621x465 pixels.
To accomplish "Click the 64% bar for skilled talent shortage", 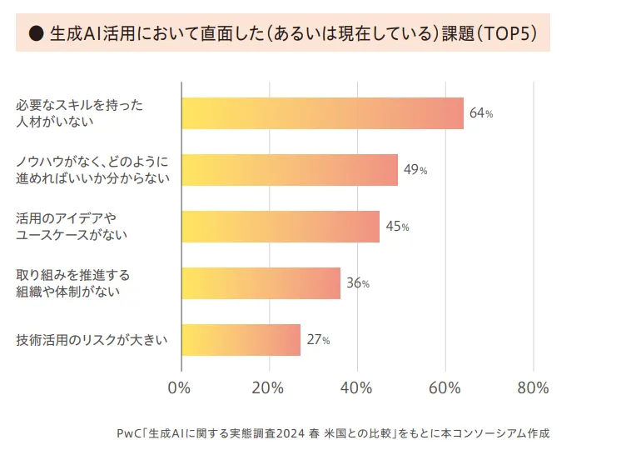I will coord(322,113).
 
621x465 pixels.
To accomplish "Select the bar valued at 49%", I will coord(290,170).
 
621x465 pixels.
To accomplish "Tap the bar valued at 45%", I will coord(281,227).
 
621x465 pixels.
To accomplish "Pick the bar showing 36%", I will coord(261,283).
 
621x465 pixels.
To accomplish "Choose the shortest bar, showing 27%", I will coord(241,340).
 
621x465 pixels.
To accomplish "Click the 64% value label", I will coord(481,113).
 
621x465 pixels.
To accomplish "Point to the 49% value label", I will coord(415,170).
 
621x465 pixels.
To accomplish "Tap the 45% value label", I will coord(397,227).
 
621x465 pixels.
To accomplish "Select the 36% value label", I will coord(358,283).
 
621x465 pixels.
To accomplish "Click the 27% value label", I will coord(318,340).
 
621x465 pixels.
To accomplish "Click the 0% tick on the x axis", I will coord(180,387).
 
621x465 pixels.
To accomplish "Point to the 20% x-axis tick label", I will coord(268,387).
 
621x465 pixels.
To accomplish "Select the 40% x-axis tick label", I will coord(356,387).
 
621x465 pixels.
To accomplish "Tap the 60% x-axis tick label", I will coord(445,387).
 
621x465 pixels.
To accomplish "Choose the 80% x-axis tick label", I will coord(533,387).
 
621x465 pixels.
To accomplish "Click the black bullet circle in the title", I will coord(36,33).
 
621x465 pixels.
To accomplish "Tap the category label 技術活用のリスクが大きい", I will coord(92,340).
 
